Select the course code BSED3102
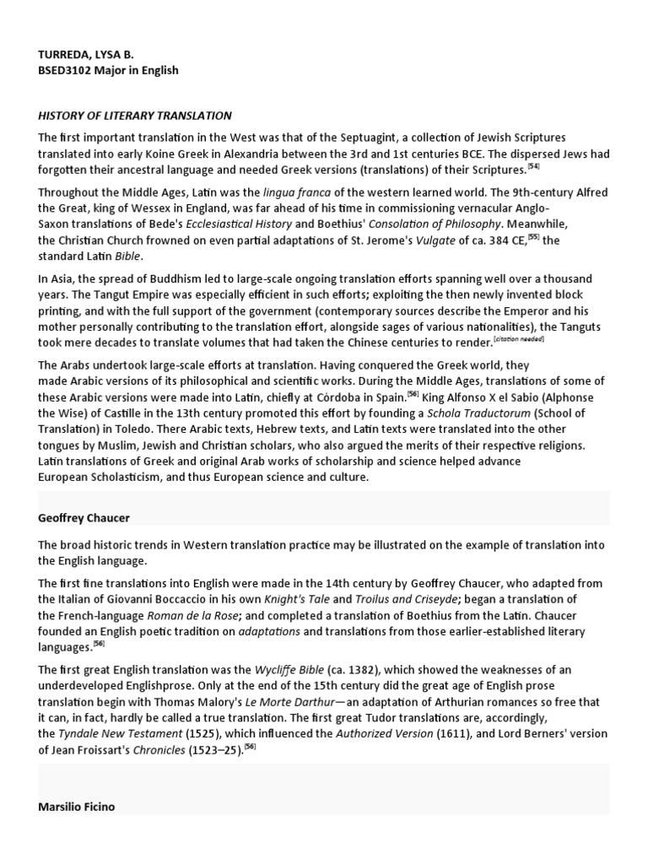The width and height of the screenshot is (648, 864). tap(68, 70)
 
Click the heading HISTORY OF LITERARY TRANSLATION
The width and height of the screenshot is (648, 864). tap(135, 116)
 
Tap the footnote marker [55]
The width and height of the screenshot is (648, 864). tap(533, 237)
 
